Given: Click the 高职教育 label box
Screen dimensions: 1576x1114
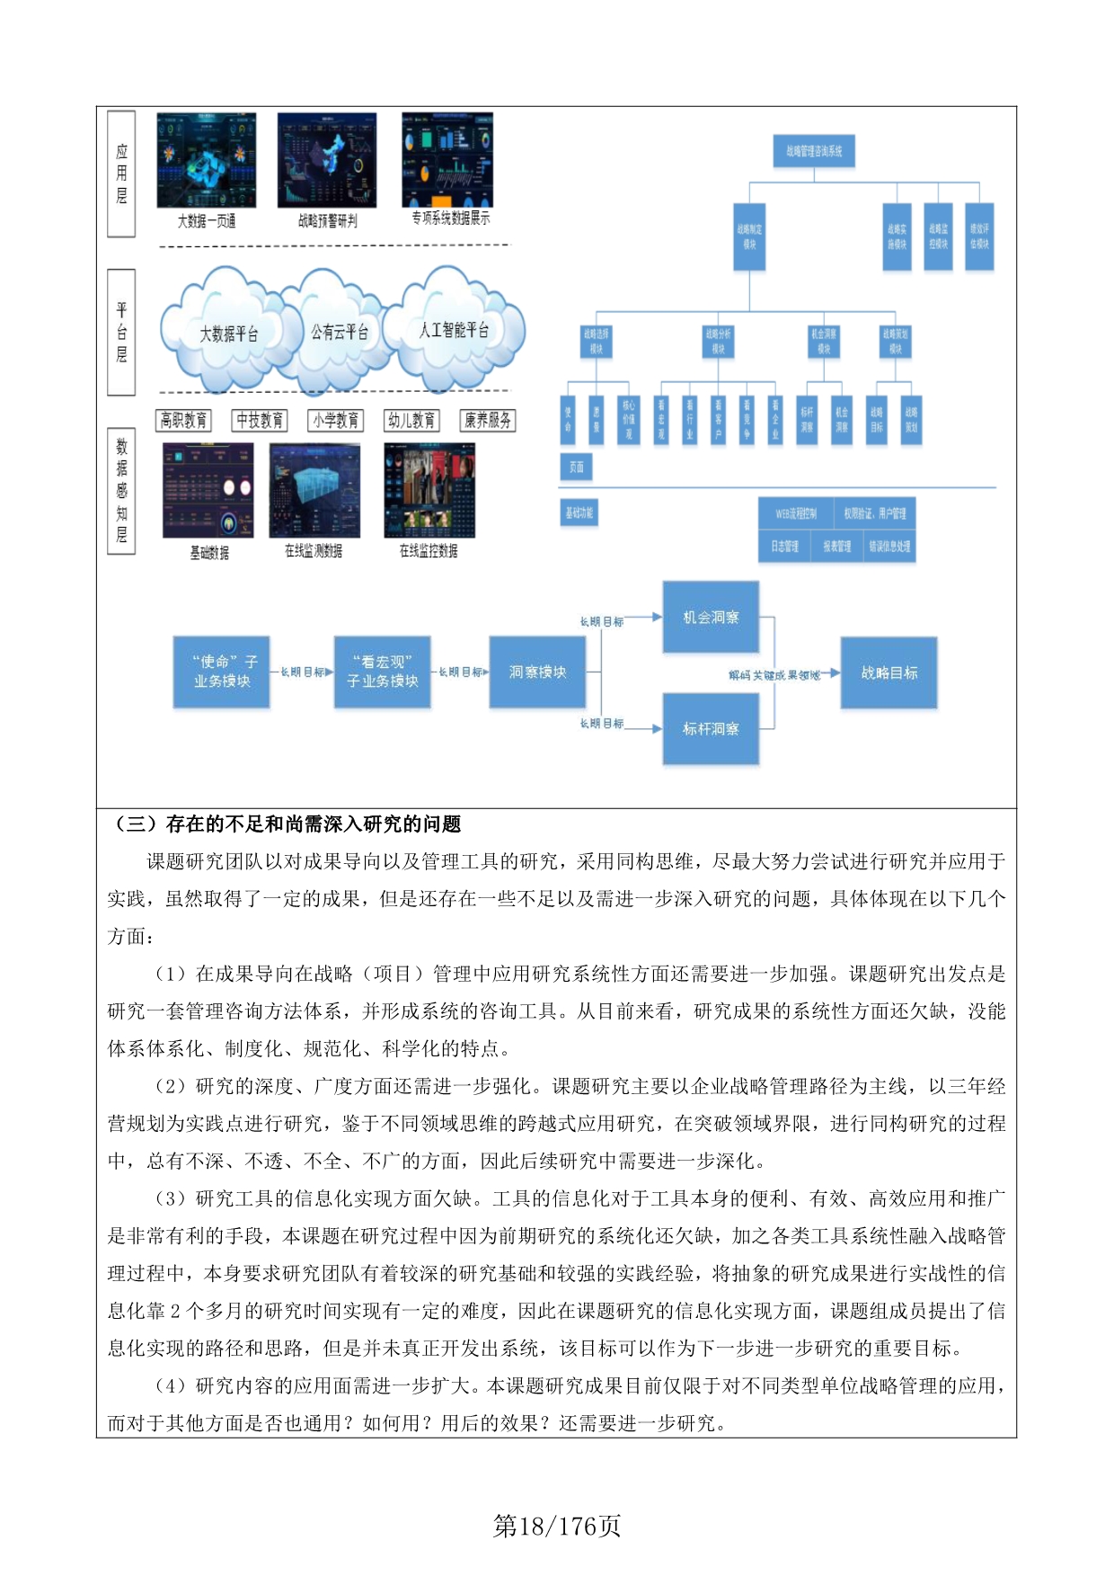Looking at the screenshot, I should click(x=183, y=420).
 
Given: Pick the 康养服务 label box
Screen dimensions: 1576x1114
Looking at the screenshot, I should click(x=488, y=420).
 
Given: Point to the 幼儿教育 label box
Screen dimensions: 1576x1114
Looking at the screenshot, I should click(x=412, y=420).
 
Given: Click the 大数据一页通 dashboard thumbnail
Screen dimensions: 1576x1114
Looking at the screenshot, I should click(x=207, y=160).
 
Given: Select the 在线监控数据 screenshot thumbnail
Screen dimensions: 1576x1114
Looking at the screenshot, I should click(x=429, y=490).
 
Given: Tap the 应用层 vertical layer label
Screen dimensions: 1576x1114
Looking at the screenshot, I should click(x=121, y=174).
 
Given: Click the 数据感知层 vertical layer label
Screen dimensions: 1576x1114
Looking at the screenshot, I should click(x=121, y=491).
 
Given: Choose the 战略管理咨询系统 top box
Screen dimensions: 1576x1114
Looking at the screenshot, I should click(x=814, y=151).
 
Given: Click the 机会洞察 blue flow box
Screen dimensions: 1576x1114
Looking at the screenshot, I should click(x=711, y=617).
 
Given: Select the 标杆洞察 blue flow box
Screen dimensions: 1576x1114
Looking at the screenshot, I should click(x=711, y=728).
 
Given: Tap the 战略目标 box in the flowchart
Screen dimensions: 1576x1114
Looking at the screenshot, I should click(x=889, y=672).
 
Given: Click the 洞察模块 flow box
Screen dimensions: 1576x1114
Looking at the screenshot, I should click(x=537, y=672).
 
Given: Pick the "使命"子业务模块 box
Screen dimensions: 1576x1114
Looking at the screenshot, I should click(x=222, y=672).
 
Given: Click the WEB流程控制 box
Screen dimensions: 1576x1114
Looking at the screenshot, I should click(x=796, y=513).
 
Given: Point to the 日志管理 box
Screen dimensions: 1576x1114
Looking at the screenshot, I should click(x=784, y=546).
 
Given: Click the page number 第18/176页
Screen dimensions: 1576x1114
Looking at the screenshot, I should click(x=557, y=1526).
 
